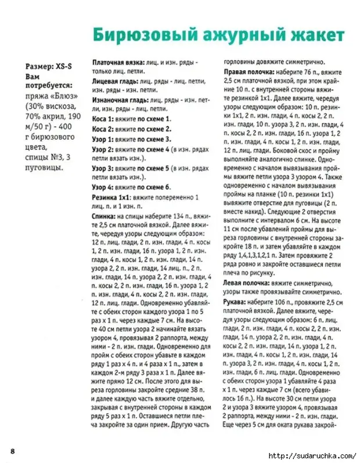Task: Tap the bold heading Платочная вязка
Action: (x=120, y=62)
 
